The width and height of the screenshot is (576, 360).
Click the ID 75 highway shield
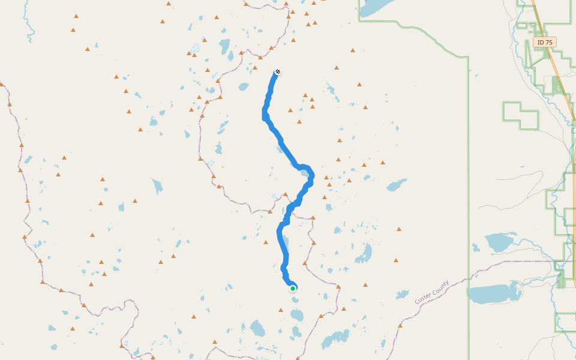coord(544,43)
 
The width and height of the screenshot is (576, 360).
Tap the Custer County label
coord(431,292)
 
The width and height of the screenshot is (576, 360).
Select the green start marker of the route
coord(293,289)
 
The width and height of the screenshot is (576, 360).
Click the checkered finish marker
coord(278,72)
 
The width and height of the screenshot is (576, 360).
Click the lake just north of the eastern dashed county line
coord(499,242)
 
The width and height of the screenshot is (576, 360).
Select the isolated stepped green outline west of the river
coord(519,115)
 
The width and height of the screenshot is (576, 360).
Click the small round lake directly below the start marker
coord(295,299)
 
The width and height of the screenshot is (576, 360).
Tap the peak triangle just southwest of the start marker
coord(280,310)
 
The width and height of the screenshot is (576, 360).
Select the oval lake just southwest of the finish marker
coord(243,86)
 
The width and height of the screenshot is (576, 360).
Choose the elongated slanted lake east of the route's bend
coord(396,185)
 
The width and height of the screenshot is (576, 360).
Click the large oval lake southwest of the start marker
coord(257,328)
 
